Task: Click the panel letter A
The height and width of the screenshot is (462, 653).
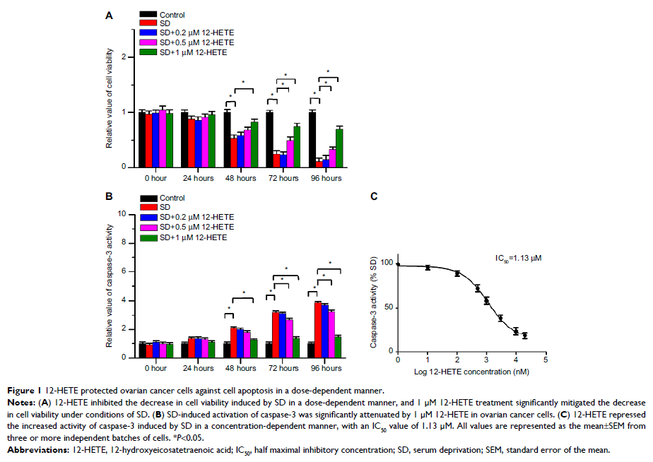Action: pyautogui.click(x=109, y=14)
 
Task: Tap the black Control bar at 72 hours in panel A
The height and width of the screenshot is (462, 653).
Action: pyautogui.click(x=269, y=139)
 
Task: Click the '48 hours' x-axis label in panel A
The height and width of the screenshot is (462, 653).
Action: pyautogui.click(x=240, y=178)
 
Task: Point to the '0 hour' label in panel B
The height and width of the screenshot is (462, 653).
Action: pyautogui.click(x=155, y=368)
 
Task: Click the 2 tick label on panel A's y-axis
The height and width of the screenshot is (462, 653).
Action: pyautogui.click(x=124, y=57)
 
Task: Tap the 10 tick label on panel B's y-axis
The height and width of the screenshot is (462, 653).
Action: pyautogui.click(x=122, y=213)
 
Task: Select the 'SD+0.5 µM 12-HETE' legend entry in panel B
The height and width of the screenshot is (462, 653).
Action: pyautogui.click(x=195, y=227)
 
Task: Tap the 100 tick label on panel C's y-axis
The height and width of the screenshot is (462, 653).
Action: pyautogui.click(x=386, y=263)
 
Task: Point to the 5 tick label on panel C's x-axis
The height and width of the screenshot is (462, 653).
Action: pyautogui.click(x=546, y=359)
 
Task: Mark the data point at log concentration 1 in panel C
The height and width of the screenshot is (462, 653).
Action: pyautogui.click(x=428, y=267)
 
